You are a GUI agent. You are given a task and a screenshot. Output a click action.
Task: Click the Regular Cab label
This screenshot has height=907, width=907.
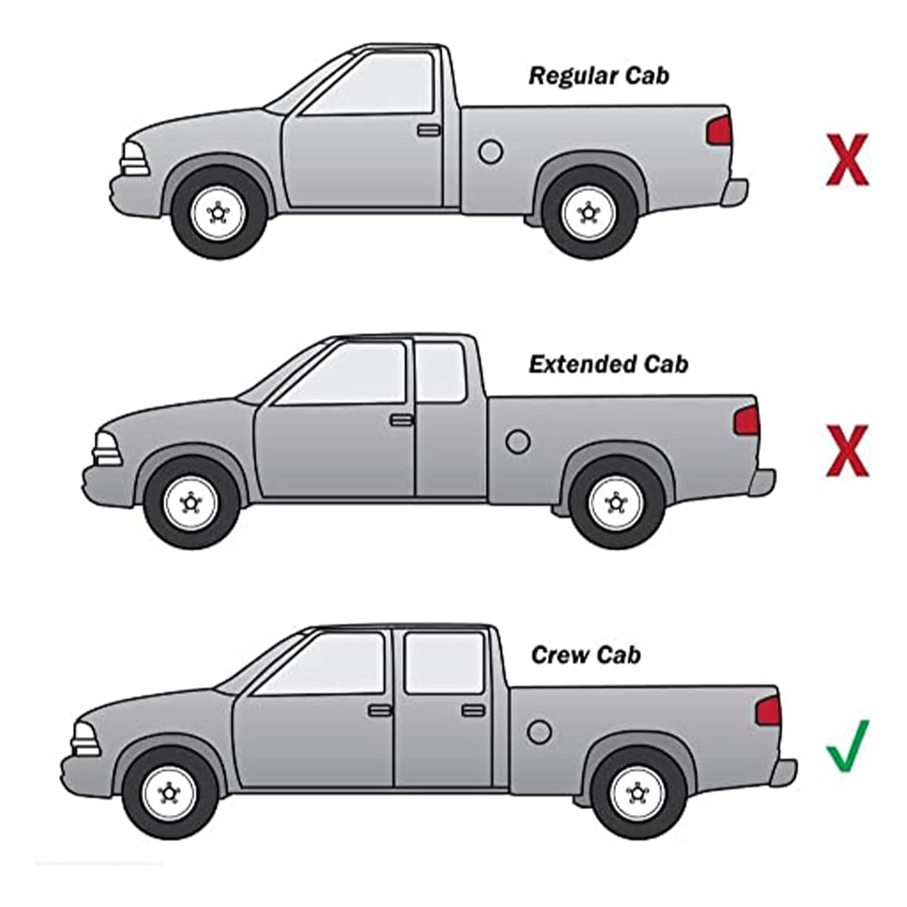click(x=599, y=76)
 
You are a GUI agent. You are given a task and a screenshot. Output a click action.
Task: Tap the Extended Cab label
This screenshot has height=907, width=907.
click(x=609, y=365)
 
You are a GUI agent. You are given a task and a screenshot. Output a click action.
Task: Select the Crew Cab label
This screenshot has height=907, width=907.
click(x=586, y=655)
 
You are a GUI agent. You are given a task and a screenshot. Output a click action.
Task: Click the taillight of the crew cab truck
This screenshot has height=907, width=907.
click(x=769, y=711)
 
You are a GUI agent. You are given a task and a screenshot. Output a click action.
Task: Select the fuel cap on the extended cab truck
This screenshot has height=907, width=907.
click(x=518, y=442)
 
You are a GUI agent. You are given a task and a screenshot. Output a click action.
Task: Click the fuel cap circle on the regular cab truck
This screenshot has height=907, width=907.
click(x=491, y=151)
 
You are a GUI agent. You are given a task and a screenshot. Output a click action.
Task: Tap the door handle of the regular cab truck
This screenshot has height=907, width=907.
click(x=429, y=130)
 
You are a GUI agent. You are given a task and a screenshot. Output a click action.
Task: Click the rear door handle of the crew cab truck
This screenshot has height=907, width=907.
click(x=473, y=710)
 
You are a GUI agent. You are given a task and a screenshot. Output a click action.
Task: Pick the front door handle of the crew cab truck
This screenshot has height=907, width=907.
click(x=379, y=710)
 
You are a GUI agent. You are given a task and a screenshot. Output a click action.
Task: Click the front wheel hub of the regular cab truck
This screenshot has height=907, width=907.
click(x=218, y=213)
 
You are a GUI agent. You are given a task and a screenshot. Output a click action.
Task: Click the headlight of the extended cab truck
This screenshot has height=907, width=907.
click(x=107, y=449)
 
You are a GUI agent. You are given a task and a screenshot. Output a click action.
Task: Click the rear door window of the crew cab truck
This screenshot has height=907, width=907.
click(x=444, y=663)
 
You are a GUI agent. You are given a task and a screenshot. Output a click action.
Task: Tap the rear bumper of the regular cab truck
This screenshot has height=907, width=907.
click(x=735, y=191)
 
